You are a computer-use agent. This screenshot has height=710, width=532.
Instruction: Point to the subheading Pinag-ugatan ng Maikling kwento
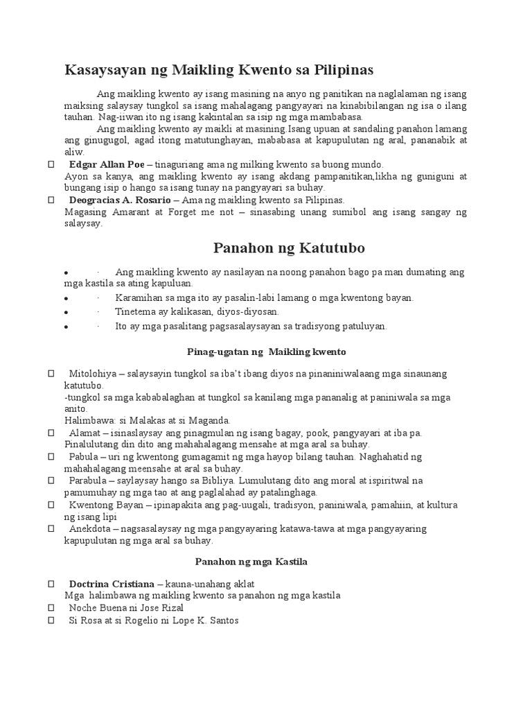[x=267, y=352]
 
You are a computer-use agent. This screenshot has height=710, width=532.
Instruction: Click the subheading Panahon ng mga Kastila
[x=251, y=562]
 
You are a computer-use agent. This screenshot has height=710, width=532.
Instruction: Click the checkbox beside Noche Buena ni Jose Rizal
[x=51, y=607]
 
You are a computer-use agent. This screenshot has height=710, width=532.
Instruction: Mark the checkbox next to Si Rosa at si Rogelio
[x=51, y=620]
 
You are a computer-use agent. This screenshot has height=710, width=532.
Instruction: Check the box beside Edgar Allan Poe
[x=51, y=164]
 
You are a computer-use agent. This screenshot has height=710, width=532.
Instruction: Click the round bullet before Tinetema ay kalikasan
[x=64, y=313]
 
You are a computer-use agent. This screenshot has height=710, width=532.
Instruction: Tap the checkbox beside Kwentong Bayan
[x=51, y=505]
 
